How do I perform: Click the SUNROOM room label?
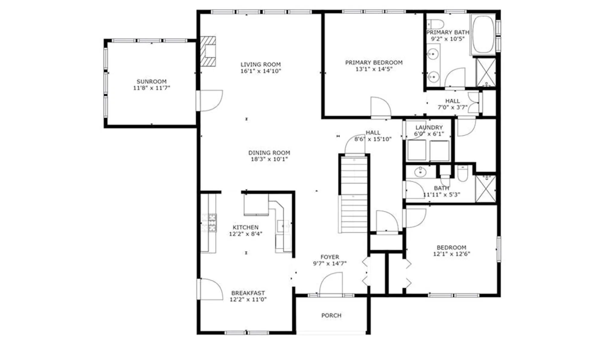point(151,81)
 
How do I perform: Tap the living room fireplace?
point(208,51)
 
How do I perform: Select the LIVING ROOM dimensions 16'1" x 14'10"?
point(261,71)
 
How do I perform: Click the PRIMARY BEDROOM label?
point(374,62)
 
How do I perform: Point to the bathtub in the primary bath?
point(483,34)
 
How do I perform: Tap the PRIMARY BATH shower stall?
point(486,72)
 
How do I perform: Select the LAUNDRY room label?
point(429,127)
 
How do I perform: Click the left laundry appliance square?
point(417,150)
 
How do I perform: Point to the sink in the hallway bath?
point(420,172)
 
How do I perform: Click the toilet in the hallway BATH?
point(462,174)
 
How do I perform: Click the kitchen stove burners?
point(209,223)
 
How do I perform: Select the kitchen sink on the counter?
point(283,225)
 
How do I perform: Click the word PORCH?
point(331,315)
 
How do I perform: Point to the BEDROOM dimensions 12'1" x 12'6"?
point(451,254)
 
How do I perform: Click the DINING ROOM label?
point(269,153)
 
